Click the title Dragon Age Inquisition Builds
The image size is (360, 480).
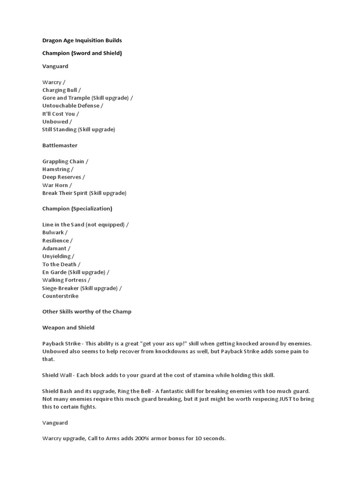coord(82,40)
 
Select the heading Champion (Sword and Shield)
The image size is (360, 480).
coord(82,53)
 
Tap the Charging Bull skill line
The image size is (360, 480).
coord(61,90)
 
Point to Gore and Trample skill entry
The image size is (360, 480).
coord(87,98)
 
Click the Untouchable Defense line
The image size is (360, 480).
coord(72,106)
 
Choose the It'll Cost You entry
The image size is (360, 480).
coord(60,114)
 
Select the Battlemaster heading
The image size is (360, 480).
coord(60,145)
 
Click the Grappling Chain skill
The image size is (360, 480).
coord(65,161)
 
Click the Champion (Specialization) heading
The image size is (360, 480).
coord(77,209)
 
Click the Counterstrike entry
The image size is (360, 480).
coord(60,296)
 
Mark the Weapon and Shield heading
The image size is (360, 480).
coord(68,327)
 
